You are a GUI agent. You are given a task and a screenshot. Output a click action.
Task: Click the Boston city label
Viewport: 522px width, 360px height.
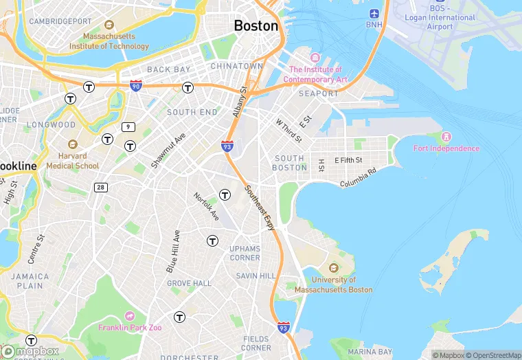[x=256, y=26]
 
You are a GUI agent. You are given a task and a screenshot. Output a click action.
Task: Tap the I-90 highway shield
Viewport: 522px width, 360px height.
[x=136, y=86]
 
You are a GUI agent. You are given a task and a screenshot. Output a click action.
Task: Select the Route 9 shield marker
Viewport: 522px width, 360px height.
[x=128, y=127]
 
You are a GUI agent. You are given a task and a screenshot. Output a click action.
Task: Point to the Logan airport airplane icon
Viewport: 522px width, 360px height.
[x=374, y=14]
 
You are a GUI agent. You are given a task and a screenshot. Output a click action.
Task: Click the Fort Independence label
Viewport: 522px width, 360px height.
[x=446, y=148]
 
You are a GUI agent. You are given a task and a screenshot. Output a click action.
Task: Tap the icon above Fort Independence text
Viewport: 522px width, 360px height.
[x=447, y=136]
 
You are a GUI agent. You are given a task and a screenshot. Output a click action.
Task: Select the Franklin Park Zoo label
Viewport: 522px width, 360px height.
[x=130, y=328]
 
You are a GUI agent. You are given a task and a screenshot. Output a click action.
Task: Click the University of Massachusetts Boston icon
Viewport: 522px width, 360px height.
[x=334, y=267]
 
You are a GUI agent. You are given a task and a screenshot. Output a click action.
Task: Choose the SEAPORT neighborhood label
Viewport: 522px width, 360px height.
[x=318, y=93]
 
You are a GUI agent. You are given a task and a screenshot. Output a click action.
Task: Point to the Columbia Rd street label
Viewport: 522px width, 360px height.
[x=359, y=178]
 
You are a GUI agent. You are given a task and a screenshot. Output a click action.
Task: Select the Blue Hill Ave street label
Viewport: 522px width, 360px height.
[x=173, y=251]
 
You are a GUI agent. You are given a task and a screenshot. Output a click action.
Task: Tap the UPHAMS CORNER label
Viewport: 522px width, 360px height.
[x=245, y=253]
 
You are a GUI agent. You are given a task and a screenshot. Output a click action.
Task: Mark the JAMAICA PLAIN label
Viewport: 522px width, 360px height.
[x=30, y=280]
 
